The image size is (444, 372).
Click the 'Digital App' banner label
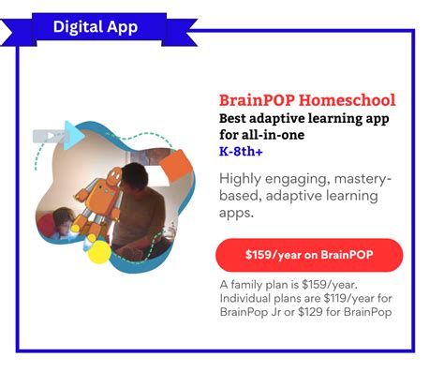(95, 25)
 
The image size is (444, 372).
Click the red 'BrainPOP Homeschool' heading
(306, 100)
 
